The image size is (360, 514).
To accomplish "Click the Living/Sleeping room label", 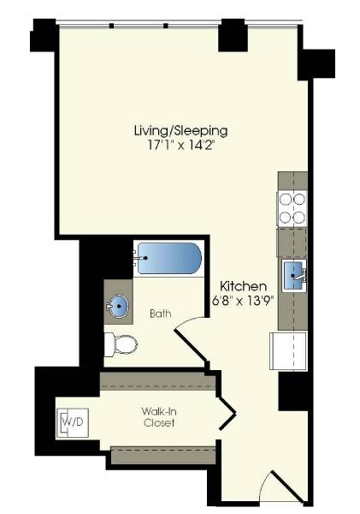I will pos(180,130).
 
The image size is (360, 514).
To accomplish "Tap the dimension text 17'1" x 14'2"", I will pos(180,145).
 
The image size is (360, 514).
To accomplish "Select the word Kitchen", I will pos(244,285).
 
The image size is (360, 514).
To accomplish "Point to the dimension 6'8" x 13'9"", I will pos(244,300).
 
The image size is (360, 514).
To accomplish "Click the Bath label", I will pos(160,314).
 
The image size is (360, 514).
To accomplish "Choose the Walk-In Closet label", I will pos(159,417).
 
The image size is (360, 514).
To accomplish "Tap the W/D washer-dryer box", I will pos(68,422).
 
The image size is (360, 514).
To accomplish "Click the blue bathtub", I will pos(169,256).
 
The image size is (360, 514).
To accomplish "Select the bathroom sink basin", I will pos(119,306).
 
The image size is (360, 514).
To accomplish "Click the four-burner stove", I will pos(292,207).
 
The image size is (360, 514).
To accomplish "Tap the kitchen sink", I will pos(295,274).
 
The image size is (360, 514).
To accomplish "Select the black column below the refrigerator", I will pos(293,391).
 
